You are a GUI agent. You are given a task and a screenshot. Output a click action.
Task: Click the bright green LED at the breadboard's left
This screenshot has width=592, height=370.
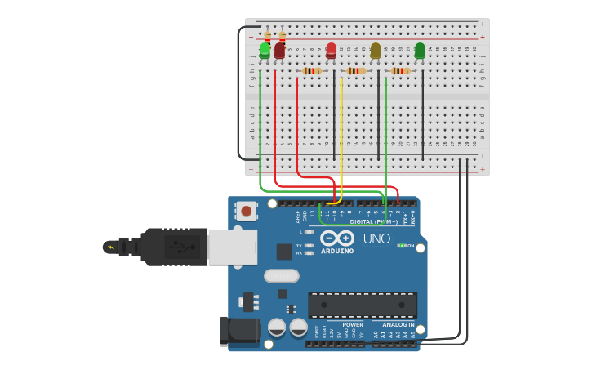pyautogui.click(x=265, y=51)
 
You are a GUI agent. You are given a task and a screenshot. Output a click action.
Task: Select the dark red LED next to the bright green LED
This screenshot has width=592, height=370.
pyautogui.click(x=279, y=51)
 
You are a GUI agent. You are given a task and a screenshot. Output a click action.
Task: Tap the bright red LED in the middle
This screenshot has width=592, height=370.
pyautogui.click(x=331, y=50)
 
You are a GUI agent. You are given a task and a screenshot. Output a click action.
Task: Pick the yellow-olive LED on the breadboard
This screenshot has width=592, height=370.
pyautogui.click(x=376, y=51)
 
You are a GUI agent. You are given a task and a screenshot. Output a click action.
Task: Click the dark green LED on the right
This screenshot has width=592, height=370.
pyautogui.click(x=420, y=51)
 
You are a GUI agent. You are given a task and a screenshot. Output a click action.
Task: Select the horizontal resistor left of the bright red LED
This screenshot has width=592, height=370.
pyautogui.click(x=312, y=71)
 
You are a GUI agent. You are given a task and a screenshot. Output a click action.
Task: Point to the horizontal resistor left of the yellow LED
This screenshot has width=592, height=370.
pyautogui.click(x=356, y=71)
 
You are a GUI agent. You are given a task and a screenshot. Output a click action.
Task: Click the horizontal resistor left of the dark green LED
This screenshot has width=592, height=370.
pyautogui.click(x=400, y=71)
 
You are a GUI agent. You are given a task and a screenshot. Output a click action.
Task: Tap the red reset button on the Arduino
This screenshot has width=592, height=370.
pyautogui.click(x=246, y=212)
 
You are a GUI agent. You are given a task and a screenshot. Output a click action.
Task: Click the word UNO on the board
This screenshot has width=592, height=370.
pyautogui.click(x=376, y=238)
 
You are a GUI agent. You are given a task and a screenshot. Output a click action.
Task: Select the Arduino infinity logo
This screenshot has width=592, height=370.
pyautogui.click(x=336, y=238)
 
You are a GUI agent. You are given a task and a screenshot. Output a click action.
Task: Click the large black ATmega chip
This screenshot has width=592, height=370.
pyautogui.click(x=362, y=305)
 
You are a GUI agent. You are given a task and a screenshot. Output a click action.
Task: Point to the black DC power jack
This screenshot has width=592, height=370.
pyautogui.click(x=239, y=332)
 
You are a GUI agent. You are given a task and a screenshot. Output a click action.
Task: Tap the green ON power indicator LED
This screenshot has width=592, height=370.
pyautogui.click(x=400, y=246)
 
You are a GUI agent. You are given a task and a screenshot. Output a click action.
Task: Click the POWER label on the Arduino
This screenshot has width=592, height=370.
pyautogui.click(x=353, y=324)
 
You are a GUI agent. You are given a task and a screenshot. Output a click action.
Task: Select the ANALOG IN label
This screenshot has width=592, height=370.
pyautogui.click(x=399, y=324)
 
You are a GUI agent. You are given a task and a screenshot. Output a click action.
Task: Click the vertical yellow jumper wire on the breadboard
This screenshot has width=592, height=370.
pyautogui.click(x=341, y=131)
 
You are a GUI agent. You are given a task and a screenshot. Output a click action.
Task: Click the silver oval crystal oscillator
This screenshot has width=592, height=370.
pyautogui.click(x=281, y=276)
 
